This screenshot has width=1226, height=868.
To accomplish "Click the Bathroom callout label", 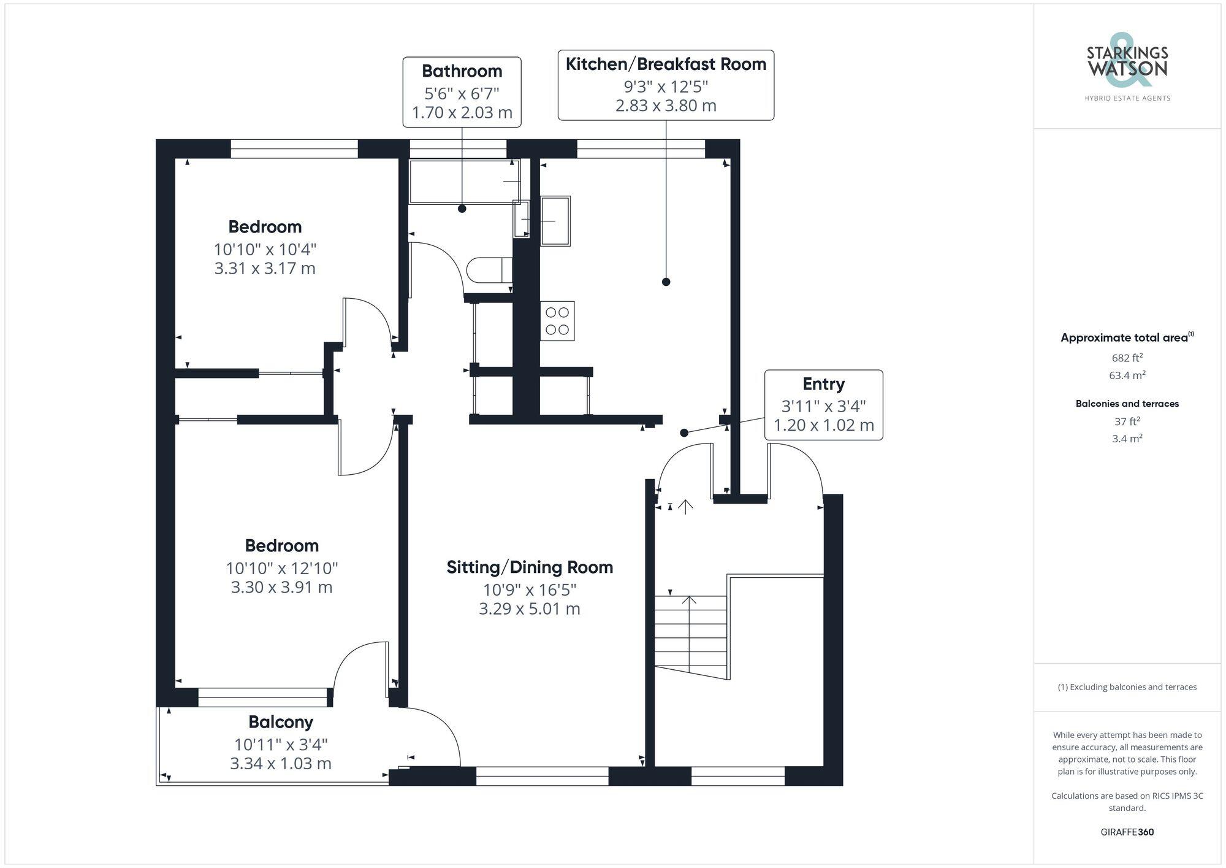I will coord(462,92).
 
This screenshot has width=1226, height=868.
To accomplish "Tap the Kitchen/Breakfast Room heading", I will coord(666,64).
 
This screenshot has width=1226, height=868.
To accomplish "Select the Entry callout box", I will coord(823,405).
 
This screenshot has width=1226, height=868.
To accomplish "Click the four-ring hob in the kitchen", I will coord(557,321).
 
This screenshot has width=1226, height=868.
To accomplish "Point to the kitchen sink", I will coord(555,221).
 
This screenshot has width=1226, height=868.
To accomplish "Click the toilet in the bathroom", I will coord(489,270).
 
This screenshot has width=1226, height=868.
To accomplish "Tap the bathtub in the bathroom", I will coord(463,181).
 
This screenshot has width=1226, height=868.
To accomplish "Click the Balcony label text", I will coord(281,722).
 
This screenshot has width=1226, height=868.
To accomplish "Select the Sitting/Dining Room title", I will coord(530,567).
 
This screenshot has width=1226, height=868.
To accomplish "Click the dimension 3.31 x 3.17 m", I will coord(265,269).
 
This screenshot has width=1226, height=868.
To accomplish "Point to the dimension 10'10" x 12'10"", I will coord(282,568).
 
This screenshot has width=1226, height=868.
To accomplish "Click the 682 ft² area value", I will coord(1127,358).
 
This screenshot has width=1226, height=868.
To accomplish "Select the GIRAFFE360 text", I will coord(1127,832).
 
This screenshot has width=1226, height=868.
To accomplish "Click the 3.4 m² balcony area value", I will coord(1127,439).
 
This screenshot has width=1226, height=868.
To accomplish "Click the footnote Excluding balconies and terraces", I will coord(1127,687).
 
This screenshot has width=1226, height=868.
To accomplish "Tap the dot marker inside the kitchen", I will coord(666,282).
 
